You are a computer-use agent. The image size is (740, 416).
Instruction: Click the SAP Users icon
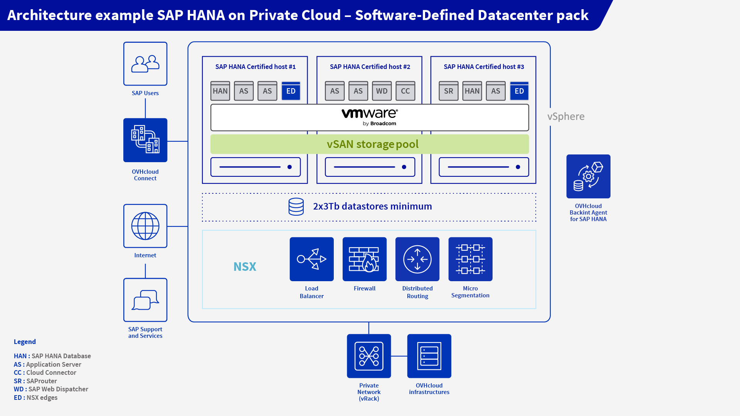(x=145, y=64)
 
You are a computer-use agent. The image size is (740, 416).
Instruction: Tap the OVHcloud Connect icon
(x=145, y=140)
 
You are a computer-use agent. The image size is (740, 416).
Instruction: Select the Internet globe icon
(x=145, y=226)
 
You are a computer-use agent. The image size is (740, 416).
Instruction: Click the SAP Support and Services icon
(x=145, y=300)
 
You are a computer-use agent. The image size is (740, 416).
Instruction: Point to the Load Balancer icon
(x=311, y=259)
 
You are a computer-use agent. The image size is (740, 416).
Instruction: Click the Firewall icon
(x=364, y=259)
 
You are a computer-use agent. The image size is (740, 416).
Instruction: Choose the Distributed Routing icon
(x=417, y=259)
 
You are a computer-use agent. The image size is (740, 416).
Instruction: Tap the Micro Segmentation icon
(x=470, y=259)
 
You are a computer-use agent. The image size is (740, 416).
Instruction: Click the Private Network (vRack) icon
(x=369, y=356)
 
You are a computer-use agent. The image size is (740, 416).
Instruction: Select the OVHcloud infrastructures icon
(x=429, y=356)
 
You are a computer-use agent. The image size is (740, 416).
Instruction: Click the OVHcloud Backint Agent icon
(x=588, y=176)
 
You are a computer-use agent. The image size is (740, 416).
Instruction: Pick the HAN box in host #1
(x=220, y=91)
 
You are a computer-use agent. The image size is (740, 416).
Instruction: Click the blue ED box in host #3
(x=519, y=91)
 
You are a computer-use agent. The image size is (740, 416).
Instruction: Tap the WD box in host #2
(x=382, y=91)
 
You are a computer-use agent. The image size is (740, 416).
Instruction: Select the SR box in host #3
(x=449, y=91)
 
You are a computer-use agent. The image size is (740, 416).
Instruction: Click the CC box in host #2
(x=405, y=91)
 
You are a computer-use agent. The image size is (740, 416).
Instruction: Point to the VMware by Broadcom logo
(x=370, y=117)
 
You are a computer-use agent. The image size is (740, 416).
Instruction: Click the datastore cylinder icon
(x=296, y=206)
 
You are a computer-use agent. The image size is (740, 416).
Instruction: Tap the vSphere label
(x=566, y=116)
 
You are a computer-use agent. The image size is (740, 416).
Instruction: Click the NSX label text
(x=245, y=267)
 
